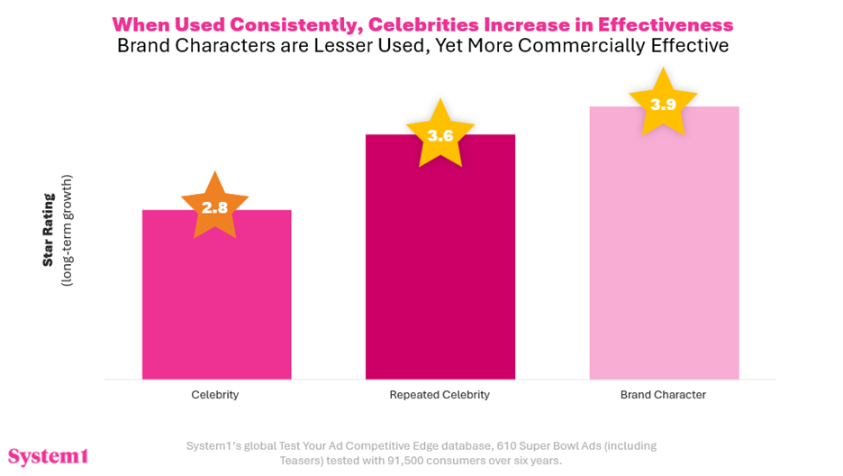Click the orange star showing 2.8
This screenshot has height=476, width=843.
point(214,206)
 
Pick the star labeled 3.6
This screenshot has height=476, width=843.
point(440,135)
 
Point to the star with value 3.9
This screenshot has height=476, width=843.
point(663,104)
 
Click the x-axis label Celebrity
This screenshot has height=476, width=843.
point(215,395)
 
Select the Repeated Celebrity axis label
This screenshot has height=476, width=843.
point(440,395)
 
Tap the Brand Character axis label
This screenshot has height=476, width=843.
point(663,395)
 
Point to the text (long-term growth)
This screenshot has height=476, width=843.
point(66,230)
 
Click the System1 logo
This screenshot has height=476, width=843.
point(48,455)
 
